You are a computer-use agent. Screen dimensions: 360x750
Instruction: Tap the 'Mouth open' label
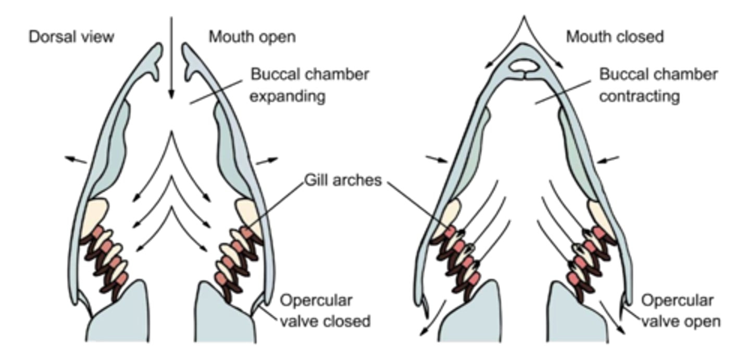point(252,37)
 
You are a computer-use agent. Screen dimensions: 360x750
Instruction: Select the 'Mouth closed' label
point(615,37)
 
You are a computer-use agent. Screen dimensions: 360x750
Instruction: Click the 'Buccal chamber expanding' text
point(309,85)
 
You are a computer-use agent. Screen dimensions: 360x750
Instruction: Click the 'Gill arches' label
point(343,180)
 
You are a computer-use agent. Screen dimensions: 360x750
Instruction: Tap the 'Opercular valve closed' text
point(325,311)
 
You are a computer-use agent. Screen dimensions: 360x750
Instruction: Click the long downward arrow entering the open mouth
point(170,57)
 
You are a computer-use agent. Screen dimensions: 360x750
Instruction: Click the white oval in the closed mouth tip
point(525,66)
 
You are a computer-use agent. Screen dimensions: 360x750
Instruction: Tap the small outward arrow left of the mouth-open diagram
point(76,159)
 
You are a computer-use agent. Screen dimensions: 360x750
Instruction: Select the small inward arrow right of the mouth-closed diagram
point(608,159)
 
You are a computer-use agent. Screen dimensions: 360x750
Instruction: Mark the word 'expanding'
point(288,97)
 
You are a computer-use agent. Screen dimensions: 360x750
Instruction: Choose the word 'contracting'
point(640,97)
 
